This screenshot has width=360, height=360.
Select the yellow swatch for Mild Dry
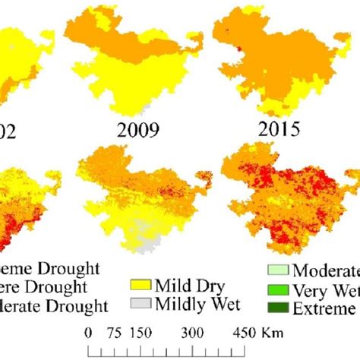coord(140,288)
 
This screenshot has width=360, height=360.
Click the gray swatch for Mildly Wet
coord(140,305)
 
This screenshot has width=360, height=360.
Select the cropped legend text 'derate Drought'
coord(53,306)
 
